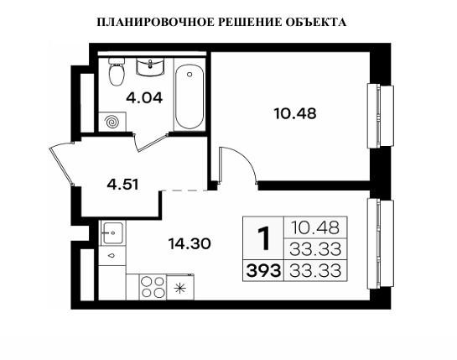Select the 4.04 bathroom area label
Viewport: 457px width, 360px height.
click(x=143, y=97)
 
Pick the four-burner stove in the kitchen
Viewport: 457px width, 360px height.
click(x=153, y=289)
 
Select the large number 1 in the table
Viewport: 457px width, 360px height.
click(x=263, y=239)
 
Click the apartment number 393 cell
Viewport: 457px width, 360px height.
click(x=263, y=270)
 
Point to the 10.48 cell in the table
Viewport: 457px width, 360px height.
click(x=317, y=227)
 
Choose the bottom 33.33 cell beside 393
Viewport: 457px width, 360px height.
click(x=317, y=270)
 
